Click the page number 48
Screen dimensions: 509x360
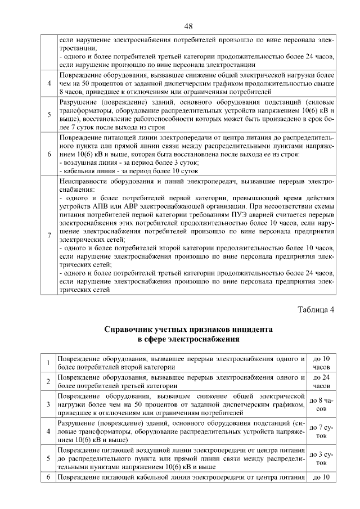pyautogui.click(x=188, y=26)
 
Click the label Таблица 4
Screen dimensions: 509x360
pyautogui.click(x=316, y=309)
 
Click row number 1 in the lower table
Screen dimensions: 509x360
pyautogui.click(x=49, y=363)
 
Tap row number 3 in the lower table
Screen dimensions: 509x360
pyautogui.click(x=49, y=404)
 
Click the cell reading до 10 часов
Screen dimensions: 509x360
pyautogui.click(x=321, y=363)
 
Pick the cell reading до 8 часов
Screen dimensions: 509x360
pyautogui.click(x=321, y=404)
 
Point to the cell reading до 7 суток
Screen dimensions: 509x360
pyautogui.click(x=321, y=431)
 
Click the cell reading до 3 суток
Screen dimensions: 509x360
pyautogui.click(x=321, y=458)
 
